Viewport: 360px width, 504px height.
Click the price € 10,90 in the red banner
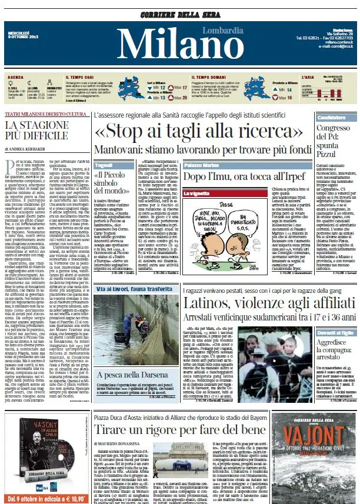coord(71,498)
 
